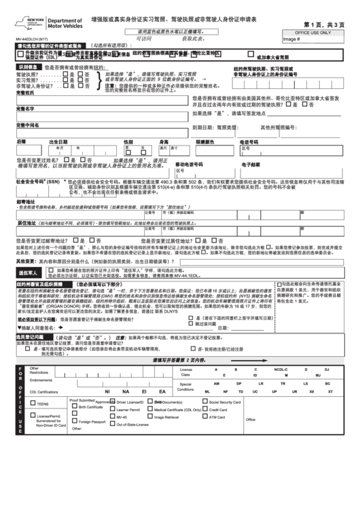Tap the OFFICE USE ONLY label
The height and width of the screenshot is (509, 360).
(x=312, y=32)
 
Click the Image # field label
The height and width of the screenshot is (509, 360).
(x=291, y=39)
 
